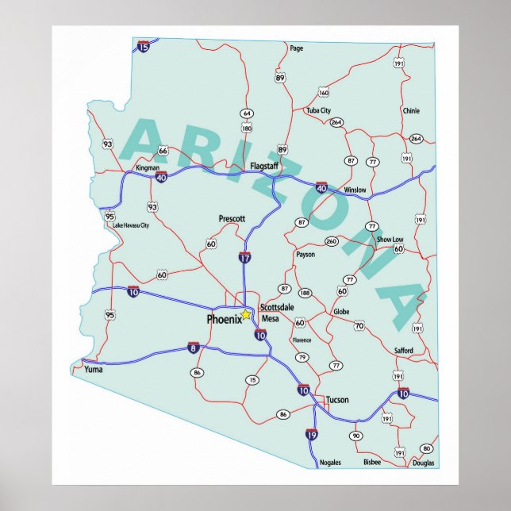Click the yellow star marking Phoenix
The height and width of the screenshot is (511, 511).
click(x=246, y=315)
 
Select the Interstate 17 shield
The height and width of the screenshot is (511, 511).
click(x=245, y=258)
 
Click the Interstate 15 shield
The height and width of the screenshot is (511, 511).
click(x=143, y=46)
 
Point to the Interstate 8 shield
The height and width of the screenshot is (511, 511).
click(x=193, y=347)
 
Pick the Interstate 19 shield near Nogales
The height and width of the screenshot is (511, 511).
click(x=311, y=434)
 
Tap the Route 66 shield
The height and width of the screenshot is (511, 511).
click(x=163, y=150)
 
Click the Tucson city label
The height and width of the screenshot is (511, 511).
click(x=336, y=400)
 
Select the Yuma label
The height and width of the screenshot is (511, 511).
click(x=94, y=369)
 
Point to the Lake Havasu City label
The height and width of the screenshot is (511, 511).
click(x=131, y=225)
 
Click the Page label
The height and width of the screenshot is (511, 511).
click(x=297, y=48)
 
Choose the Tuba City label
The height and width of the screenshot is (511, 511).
click(x=318, y=110)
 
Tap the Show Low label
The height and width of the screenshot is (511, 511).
click(x=390, y=239)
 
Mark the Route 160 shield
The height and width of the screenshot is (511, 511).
click(x=324, y=93)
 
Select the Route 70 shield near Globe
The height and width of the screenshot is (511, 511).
click(x=359, y=325)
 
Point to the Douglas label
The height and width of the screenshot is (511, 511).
click(x=423, y=462)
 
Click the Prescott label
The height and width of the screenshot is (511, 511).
click(x=232, y=218)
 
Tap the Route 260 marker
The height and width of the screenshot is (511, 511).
click(x=331, y=241)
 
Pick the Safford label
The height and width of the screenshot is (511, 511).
click(x=404, y=350)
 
